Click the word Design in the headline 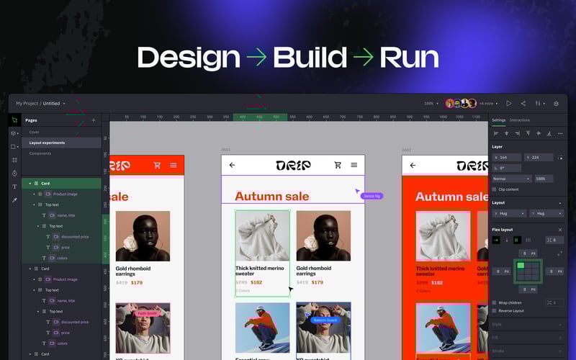coord(189,58)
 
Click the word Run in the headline coord(408,58)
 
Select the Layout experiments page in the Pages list coord(47,143)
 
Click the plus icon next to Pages coord(93,120)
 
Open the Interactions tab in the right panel coord(520,120)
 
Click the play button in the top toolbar coord(509,104)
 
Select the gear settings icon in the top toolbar coord(556,104)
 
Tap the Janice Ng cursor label coord(372,196)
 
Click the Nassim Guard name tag coord(325,320)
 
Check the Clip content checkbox coord(495,189)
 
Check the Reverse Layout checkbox coord(495,311)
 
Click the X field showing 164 coord(508,157)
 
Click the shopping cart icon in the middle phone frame coord(338,165)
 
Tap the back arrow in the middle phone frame coord(232,165)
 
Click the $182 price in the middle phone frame coord(256,282)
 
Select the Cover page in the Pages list coord(35,132)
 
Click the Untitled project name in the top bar coord(52,104)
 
